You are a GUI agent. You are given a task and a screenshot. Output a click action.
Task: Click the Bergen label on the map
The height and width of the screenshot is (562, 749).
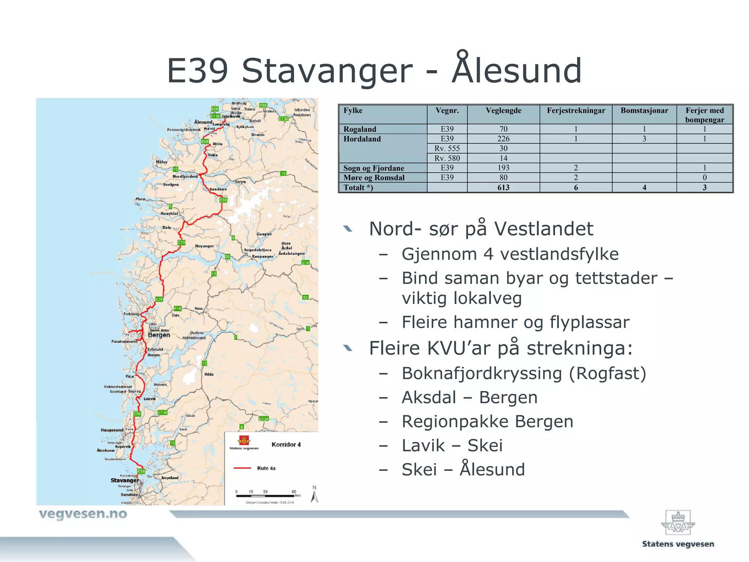(x=159, y=335)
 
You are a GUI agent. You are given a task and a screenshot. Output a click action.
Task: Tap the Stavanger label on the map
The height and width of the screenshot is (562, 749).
(x=125, y=480)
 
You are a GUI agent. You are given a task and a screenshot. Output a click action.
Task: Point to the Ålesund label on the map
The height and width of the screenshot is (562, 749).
(x=203, y=122)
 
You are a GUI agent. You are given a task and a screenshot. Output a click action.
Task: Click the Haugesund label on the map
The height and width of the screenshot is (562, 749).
(x=112, y=430)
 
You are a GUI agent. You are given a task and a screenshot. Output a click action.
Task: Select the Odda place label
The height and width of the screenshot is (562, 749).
(x=209, y=374)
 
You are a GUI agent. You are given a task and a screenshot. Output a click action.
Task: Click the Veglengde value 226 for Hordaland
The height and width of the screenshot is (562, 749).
(x=503, y=139)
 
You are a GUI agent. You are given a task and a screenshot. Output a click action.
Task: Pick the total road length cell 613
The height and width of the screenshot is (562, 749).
(x=503, y=187)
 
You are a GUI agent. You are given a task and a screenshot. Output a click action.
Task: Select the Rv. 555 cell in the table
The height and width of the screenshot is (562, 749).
(x=447, y=148)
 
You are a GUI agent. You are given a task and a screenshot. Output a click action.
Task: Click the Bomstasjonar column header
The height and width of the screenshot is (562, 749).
(x=644, y=110)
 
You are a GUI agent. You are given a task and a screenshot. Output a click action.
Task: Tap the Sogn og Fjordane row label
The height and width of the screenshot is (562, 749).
(x=373, y=168)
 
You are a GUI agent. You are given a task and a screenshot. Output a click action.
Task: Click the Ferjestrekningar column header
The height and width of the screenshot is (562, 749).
(x=576, y=110)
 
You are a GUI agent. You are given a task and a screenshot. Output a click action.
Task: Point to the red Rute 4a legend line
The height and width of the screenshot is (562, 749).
(x=242, y=468)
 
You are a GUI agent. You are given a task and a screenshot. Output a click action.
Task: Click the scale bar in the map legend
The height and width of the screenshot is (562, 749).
(x=265, y=496)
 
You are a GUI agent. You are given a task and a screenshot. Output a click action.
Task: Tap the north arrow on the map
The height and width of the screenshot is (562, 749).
(x=315, y=495)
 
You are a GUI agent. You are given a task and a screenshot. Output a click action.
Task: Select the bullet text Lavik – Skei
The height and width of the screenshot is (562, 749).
(x=452, y=446)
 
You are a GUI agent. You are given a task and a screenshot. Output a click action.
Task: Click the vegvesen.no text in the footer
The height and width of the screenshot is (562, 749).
(x=83, y=514)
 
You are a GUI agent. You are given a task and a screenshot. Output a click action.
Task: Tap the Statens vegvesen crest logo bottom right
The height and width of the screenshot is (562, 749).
(x=678, y=524)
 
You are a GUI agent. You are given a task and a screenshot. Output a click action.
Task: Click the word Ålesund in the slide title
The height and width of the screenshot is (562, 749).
(x=516, y=70)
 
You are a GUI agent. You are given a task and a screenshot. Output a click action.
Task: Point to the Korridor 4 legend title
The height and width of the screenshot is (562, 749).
(x=286, y=445)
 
